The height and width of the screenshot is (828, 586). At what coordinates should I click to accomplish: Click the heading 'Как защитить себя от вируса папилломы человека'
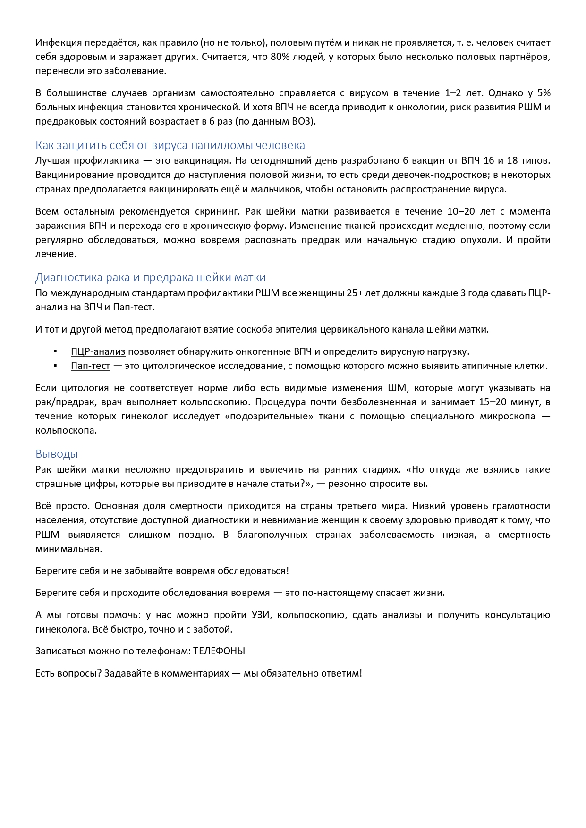coord(170,145)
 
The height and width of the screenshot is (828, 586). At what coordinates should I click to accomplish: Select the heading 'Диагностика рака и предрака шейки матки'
coord(150,277)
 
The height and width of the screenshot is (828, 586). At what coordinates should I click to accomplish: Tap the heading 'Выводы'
coord(57,453)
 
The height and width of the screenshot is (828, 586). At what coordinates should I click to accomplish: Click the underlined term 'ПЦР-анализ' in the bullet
coord(98,351)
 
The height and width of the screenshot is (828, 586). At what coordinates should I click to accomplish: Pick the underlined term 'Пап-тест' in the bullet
coord(90,366)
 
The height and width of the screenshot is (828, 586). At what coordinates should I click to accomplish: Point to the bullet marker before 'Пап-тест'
coord(55,366)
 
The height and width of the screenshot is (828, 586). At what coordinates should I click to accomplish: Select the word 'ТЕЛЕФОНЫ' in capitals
coord(219,651)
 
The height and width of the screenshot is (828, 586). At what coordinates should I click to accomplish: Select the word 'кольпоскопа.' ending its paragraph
coord(66,430)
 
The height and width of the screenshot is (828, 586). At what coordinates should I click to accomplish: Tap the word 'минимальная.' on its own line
coord(69,549)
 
